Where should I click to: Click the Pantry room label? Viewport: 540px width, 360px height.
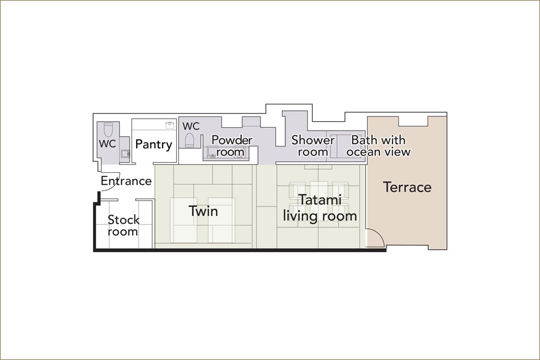tap(154, 145)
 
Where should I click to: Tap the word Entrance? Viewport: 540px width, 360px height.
tap(126, 181)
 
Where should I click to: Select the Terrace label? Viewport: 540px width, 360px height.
tap(407, 187)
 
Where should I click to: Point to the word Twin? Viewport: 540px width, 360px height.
tap(203, 211)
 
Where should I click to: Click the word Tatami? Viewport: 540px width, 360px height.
tap(320, 199)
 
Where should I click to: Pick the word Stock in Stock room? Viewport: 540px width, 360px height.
tap(123, 220)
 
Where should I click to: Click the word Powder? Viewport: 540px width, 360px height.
tap(232, 140)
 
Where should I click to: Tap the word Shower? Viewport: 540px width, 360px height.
tap(313, 140)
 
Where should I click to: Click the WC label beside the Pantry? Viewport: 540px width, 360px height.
tap(107, 143)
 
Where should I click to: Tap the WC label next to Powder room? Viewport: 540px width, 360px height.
tap(191, 126)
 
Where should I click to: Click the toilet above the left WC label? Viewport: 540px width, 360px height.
tap(108, 130)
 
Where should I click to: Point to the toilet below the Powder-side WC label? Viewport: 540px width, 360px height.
tap(190, 140)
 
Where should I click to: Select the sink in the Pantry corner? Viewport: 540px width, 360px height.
tap(169, 125)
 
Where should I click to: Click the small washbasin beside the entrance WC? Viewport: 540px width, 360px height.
tap(125, 154)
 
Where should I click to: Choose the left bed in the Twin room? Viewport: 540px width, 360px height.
tap(184, 220)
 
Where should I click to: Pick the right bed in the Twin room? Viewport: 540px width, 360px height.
tap(222, 220)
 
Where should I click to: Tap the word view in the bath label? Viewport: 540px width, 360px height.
tap(400, 152)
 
